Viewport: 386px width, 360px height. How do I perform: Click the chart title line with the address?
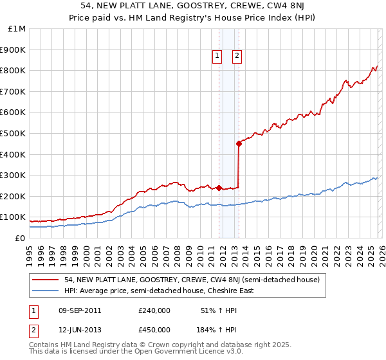click(x=192, y=6)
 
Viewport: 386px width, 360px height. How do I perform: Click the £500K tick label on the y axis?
click(x=13, y=133)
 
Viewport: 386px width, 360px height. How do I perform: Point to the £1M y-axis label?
click(x=17, y=29)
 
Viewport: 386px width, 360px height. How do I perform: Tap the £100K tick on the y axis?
click(x=13, y=217)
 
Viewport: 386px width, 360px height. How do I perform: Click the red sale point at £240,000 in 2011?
click(x=219, y=188)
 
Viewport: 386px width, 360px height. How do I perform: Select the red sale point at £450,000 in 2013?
click(x=239, y=143)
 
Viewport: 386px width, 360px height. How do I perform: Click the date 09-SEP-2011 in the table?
click(x=79, y=310)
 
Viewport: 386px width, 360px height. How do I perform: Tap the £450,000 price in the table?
click(x=154, y=329)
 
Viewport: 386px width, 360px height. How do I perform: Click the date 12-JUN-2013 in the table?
click(x=79, y=329)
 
